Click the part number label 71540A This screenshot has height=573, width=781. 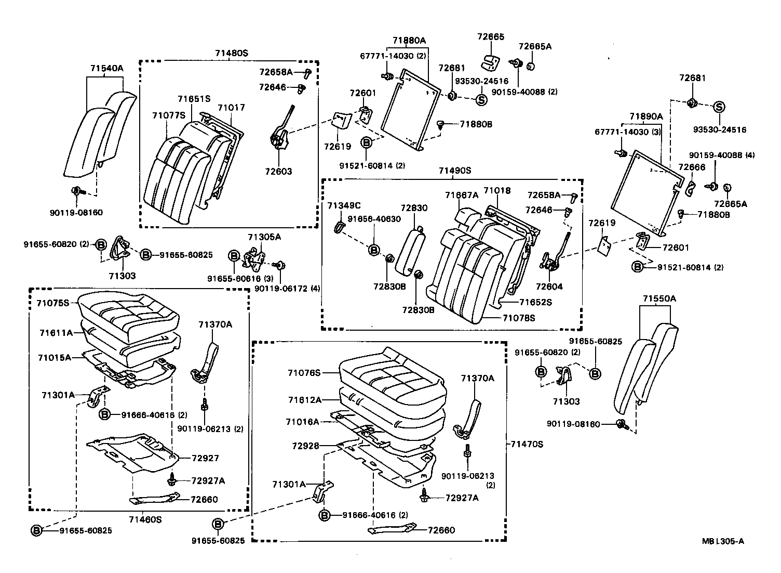coord(106,68)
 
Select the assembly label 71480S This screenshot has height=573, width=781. coord(232,53)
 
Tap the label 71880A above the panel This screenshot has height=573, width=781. coord(409,40)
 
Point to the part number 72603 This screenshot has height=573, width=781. coord(279,172)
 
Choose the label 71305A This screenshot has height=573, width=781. coord(264,237)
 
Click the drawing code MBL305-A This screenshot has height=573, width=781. coord(723,541)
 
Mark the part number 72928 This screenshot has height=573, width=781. coord(305,446)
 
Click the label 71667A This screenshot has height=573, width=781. coord(461,195)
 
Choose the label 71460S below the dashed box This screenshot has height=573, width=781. coord(145,519)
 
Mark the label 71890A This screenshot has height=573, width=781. coord(646,116)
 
